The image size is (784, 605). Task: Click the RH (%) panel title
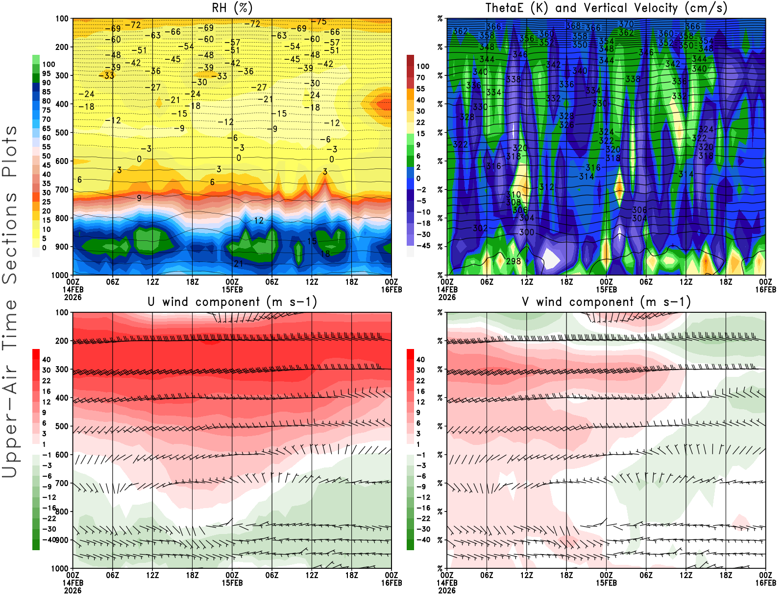[x=232, y=8]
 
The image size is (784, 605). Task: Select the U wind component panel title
[x=232, y=302]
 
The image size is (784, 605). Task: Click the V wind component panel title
[x=606, y=302]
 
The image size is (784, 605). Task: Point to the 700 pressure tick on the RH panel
[x=62, y=189]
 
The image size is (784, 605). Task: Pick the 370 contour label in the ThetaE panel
[x=626, y=24]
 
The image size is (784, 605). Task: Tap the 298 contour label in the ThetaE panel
[x=513, y=261]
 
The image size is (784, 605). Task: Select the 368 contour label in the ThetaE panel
[x=573, y=26]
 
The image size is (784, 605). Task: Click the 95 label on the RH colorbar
[x=47, y=73]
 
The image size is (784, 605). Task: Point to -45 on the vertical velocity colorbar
[x=423, y=246]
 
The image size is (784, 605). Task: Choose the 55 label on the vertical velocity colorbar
[x=420, y=89]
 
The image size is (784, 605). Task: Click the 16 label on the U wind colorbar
[x=47, y=392]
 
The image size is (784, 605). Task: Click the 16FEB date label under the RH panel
[x=391, y=290]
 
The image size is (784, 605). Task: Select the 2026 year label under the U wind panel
[x=73, y=590]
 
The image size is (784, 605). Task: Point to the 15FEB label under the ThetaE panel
[x=606, y=290]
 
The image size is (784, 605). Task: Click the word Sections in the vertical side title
[x=10, y=237]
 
